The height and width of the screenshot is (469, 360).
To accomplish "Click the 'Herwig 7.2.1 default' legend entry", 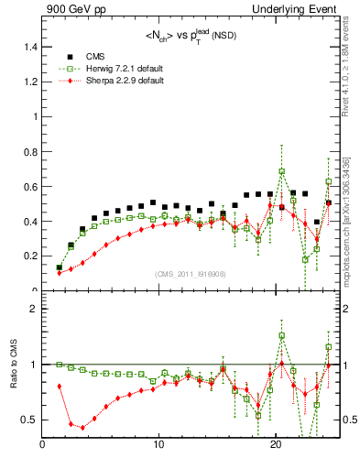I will [x=123, y=69].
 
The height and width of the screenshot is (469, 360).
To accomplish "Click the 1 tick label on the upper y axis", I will [x=36, y=117].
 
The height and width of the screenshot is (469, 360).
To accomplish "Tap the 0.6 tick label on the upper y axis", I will [x=31, y=187].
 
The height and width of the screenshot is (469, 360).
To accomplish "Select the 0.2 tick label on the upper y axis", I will [x=31, y=256].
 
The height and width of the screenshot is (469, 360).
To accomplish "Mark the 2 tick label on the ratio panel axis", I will [x=36, y=309].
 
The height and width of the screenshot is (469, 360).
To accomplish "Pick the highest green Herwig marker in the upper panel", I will [x=282, y=171].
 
